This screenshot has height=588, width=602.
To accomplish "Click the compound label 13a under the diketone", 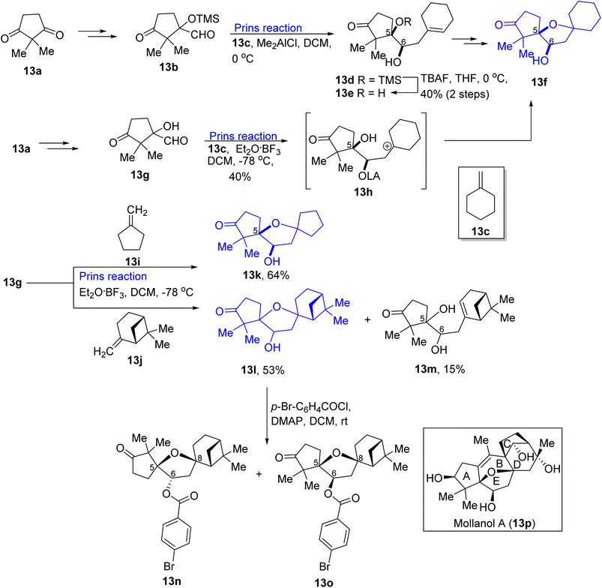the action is pyautogui.click(x=32, y=70).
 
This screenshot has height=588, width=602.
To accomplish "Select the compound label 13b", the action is pyautogui.click(x=169, y=67).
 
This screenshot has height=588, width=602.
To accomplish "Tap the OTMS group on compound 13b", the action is pyautogui.click(x=203, y=19).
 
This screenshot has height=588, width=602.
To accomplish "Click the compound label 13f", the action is pyautogui.click(x=539, y=82).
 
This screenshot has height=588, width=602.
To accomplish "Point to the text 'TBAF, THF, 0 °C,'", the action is pyautogui.click(x=464, y=79).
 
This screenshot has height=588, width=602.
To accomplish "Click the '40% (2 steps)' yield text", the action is pyautogui.click(x=455, y=94).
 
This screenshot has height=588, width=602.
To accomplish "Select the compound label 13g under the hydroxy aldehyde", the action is pyautogui.click(x=139, y=175).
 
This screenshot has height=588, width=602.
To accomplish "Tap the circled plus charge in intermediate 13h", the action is pyautogui.click(x=388, y=146).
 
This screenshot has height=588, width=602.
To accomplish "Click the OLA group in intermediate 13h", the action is pyautogui.click(x=369, y=176).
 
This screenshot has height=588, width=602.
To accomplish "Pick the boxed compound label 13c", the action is pyautogui.click(x=481, y=231).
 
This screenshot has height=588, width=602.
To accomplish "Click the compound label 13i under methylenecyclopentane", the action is pyautogui.click(x=133, y=262).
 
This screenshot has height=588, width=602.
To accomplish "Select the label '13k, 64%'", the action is pyautogui.click(x=265, y=275).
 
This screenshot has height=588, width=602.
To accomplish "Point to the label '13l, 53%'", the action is pyautogui.click(x=262, y=370).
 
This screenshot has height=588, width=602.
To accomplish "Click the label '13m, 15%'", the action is pyautogui.click(x=439, y=369).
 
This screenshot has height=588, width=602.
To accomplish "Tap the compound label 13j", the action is pyautogui.click(x=135, y=360).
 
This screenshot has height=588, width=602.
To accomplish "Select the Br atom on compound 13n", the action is pyautogui.click(x=169, y=565).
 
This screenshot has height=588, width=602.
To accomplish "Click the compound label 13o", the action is pyautogui.click(x=324, y=583).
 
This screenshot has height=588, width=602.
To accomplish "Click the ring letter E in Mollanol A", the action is pyautogui.click(x=496, y=481).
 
